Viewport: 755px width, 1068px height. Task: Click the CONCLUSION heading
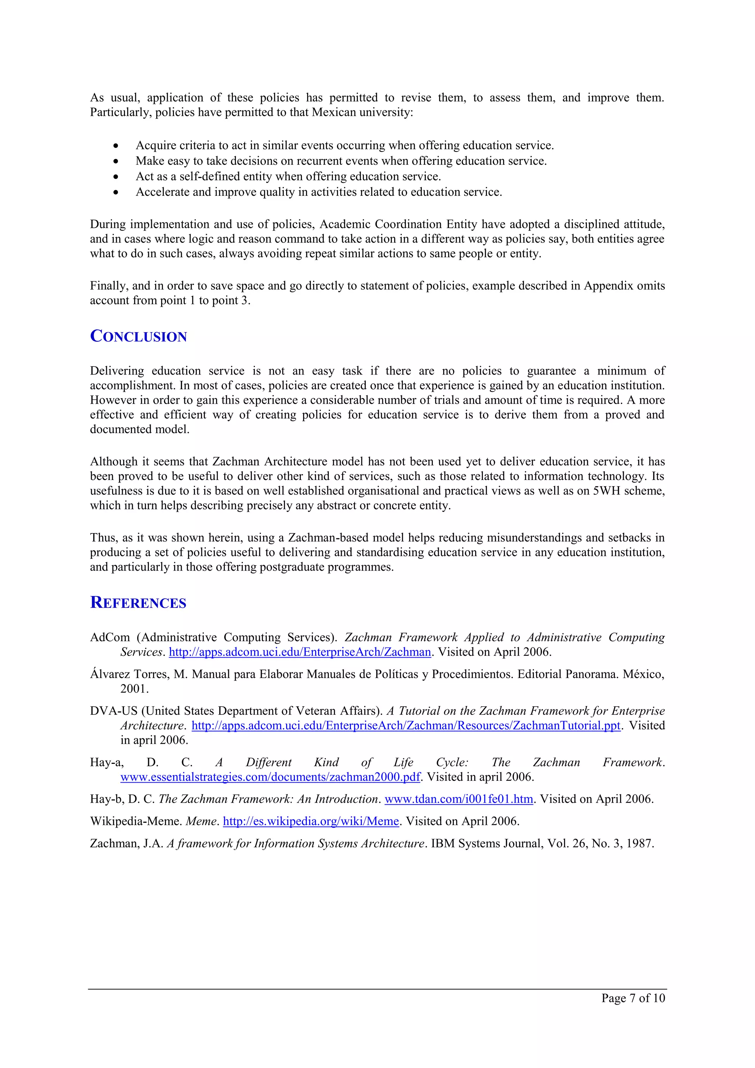coord(138,336)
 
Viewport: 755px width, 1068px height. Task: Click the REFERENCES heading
coord(138,602)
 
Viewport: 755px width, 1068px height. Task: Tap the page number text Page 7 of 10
coord(633,998)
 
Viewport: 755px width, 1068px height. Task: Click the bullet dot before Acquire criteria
coord(115,146)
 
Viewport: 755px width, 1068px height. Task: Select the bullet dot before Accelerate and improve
coord(115,192)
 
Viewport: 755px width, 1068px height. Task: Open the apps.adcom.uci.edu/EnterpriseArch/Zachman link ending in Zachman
coord(300,652)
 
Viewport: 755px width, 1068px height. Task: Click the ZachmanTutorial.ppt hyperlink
coord(406,726)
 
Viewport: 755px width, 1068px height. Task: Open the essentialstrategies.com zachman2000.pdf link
coord(270,777)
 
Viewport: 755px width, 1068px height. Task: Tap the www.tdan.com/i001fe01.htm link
coord(459,799)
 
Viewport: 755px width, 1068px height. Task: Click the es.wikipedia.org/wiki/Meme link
coord(311,821)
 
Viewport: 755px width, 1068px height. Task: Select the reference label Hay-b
coord(107,799)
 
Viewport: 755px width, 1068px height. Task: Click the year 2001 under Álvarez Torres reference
coord(135,689)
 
